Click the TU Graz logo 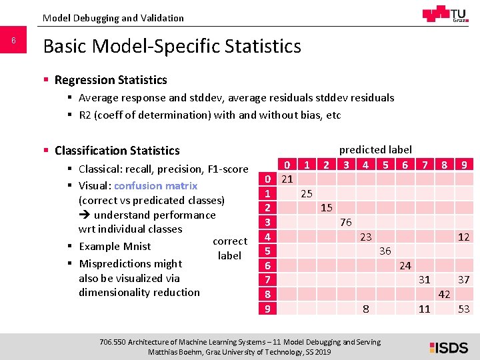(445, 14)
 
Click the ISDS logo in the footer (448, 347)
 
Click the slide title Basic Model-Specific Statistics (172, 46)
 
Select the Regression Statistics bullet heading (111, 80)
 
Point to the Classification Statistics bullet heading (117, 151)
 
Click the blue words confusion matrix (155, 186)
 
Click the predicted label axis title (375, 150)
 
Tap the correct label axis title (229, 248)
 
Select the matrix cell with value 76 (345, 222)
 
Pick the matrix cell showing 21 (287, 179)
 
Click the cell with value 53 (464, 309)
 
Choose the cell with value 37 (464, 280)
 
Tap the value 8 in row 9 (365, 309)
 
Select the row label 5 (267, 251)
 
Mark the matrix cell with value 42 (444, 294)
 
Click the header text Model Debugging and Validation (113, 18)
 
